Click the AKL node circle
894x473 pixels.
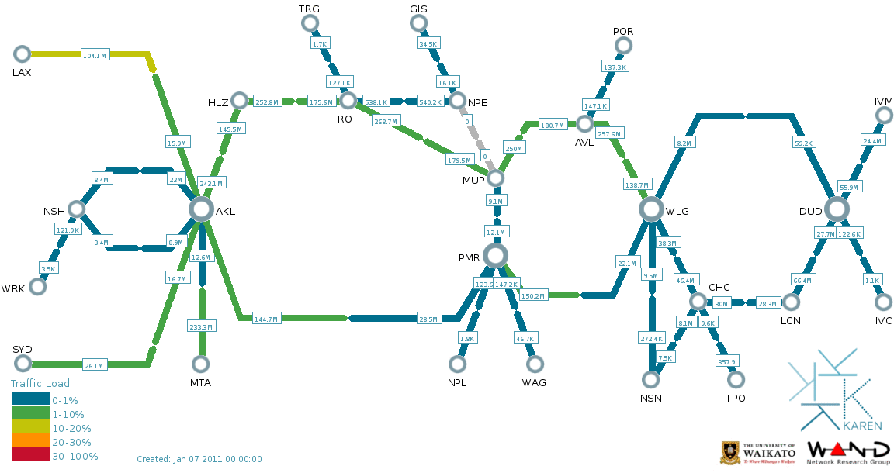coord(201,209)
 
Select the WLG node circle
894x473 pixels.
coord(651,209)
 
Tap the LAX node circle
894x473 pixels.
coord(22,54)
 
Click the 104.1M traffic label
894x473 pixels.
coord(94,55)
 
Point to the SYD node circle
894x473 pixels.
coord(22,364)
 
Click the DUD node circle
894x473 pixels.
coord(837,209)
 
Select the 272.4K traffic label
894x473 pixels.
coord(651,339)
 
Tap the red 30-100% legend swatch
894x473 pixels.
coord(30,456)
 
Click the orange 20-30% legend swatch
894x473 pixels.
coord(30,442)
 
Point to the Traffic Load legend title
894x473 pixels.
coord(40,383)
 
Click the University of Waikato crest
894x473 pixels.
coord(729,452)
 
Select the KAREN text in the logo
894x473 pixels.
coord(861,426)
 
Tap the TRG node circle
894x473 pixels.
coord(310,22)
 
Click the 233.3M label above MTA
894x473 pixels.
coord(201,327)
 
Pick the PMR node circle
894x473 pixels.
coord(495,255)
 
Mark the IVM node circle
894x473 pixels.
coord(883,116)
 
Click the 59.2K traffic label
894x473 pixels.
coord(803,143)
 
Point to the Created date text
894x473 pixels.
coord(199,459)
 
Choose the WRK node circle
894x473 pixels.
coord(37,286)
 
